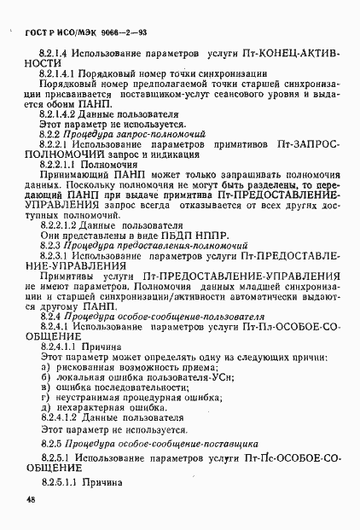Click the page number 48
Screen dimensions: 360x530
coord(30,500)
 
